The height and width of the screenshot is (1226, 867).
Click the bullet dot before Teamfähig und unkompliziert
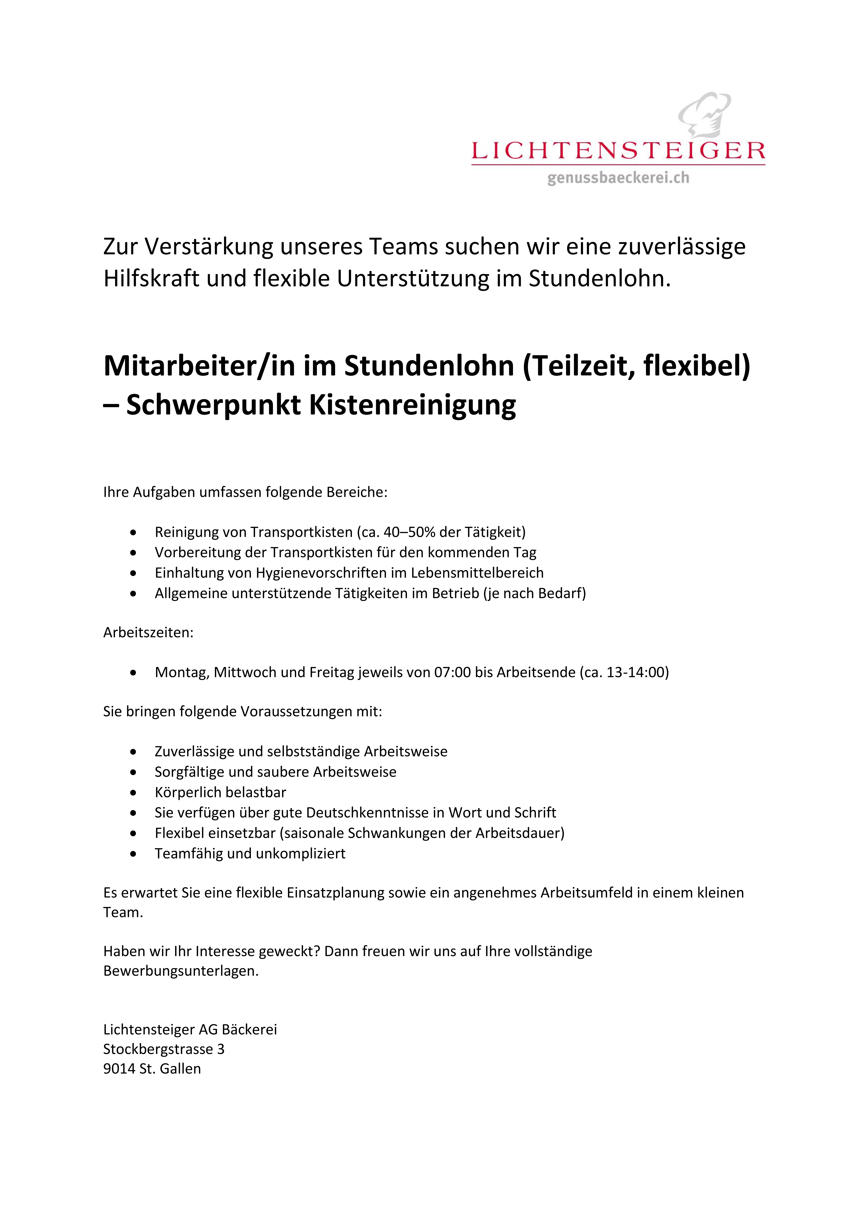tap(133, 854)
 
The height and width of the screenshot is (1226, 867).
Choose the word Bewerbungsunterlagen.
tap(180, 971)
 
